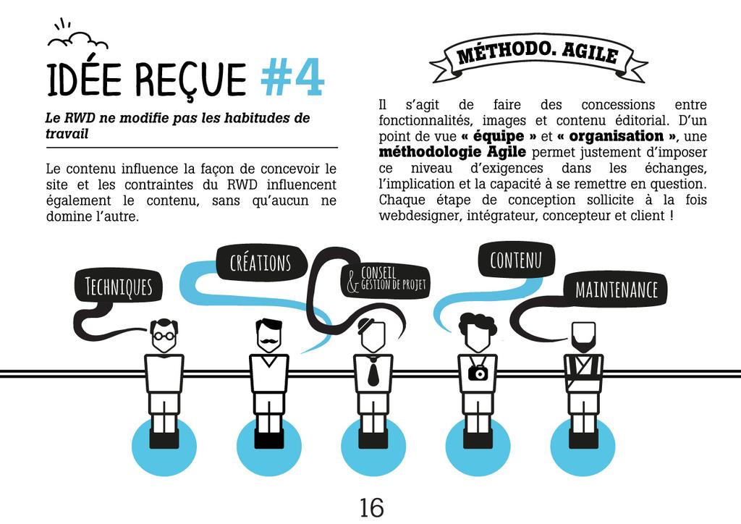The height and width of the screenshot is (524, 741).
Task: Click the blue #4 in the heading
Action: (x=292, y=79)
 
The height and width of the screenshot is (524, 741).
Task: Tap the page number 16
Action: (x=371, y=507)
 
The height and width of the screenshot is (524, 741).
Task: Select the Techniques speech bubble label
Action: (x=119, y=287)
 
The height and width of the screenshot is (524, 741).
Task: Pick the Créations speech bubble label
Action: (x=260, y=262)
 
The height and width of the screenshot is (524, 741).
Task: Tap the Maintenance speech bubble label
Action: (x=616, y=291)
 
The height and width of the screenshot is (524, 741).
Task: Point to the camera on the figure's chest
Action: (x=478, y=372)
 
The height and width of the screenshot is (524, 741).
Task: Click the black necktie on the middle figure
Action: (x=373, y=372)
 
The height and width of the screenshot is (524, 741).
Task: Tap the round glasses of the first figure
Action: (x=164, y=336)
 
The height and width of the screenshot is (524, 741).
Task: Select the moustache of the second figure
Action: (x=268, y=339)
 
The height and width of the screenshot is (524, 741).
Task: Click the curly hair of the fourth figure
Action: (x=477, y=323)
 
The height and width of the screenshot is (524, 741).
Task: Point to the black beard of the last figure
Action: (x=583, y=343)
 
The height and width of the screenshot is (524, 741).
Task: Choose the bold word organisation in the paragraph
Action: (x=621, y=136)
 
